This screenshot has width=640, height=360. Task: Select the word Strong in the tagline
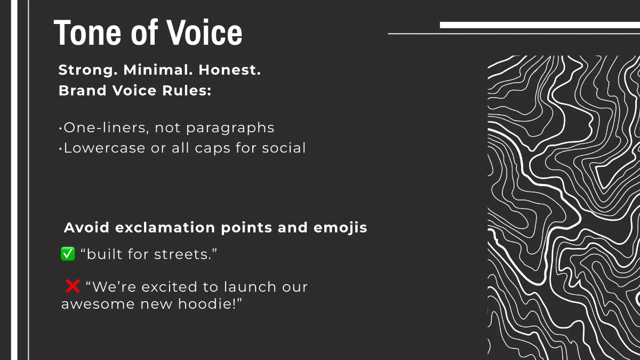tap(88, 70)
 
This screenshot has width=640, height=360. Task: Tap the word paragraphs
tap(231, 129)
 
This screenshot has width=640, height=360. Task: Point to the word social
tap(284, 148)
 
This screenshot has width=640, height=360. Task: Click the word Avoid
tap(86, 228)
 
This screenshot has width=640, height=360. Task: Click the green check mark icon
tap(68, 254)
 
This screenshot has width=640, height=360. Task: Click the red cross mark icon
tap(73, 287)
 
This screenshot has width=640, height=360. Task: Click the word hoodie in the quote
tap(212, 305)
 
